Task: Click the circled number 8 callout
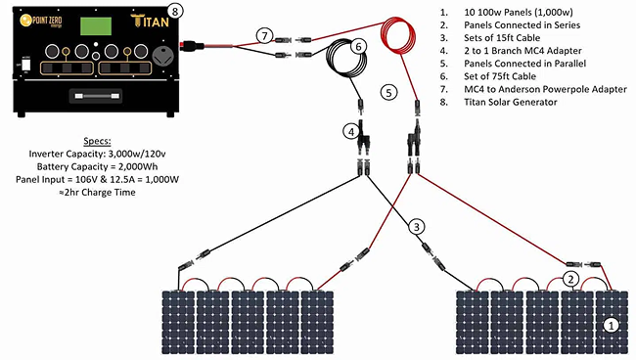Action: (x=175, y=12)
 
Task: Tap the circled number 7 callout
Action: (x=264, y=36)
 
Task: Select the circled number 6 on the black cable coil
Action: (x=358, y=47)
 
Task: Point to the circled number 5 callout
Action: (x=388, y=93)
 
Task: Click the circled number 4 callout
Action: (x=351, y=132)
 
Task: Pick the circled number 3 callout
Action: (x=417, y=227)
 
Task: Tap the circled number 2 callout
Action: (x=570, y=279)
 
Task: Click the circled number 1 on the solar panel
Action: (x=611, y=325)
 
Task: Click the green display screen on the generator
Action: (x=96, y=26)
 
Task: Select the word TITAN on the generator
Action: (x=150, y=21)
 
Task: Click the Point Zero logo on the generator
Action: (x=41, y=21)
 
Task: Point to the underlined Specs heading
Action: (x=97, y=142)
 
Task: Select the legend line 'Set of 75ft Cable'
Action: (x=500, y=76)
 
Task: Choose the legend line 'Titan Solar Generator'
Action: (x=510, y=102)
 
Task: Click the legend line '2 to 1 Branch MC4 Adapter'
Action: (x=522, y=51)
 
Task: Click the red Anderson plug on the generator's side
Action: (x=192, y=45)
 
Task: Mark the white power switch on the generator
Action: (x=26, y=65)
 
